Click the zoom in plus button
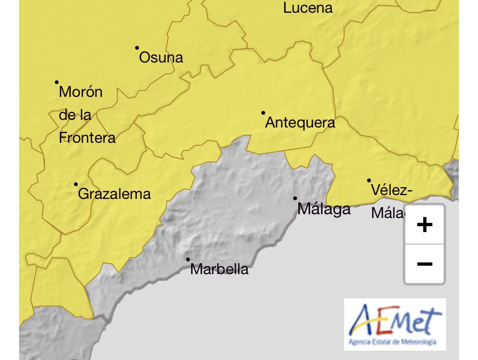(x=424, y=225)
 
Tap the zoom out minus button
(x=424, y=264)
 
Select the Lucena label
(x=308, y=8)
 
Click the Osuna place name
(x=161, y=57)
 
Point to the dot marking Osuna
(x=137, y=48)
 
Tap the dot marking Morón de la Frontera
(x=57, y=82)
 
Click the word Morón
(x=81, y=92)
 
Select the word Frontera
(x=87, y=138)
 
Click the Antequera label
(x=300, y=123)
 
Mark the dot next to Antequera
(x=263, y=113)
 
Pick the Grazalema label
(x=115, y=194)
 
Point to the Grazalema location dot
(x=76, y=184)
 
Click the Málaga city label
(x=324, y=209)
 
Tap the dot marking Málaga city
(x=295, y=198)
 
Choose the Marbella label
(x=219, y=269)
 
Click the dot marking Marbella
(x=188, y=259)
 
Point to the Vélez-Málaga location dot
(x=369, y=181)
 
